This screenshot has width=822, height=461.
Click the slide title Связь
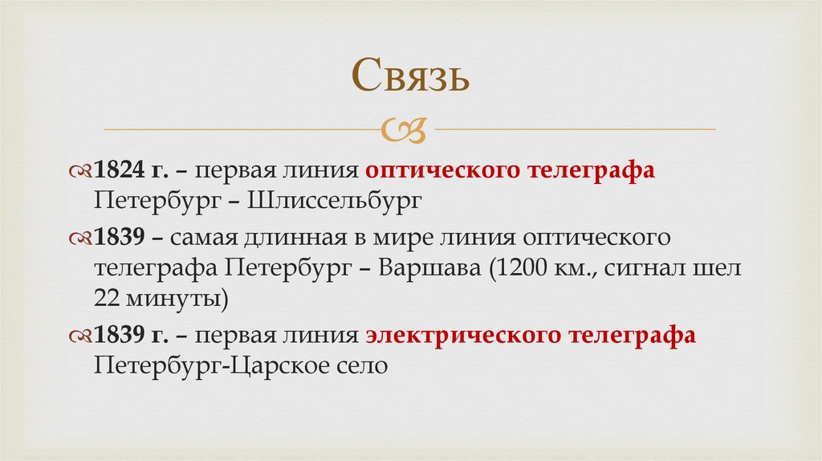pos(409,78)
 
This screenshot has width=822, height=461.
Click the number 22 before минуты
pos(108,299)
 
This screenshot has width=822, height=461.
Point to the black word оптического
pos(596,239)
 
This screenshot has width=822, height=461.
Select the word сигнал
pos(642,269)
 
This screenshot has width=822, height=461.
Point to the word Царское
pos(294,366)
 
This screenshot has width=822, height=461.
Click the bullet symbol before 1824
pos(81,171)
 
